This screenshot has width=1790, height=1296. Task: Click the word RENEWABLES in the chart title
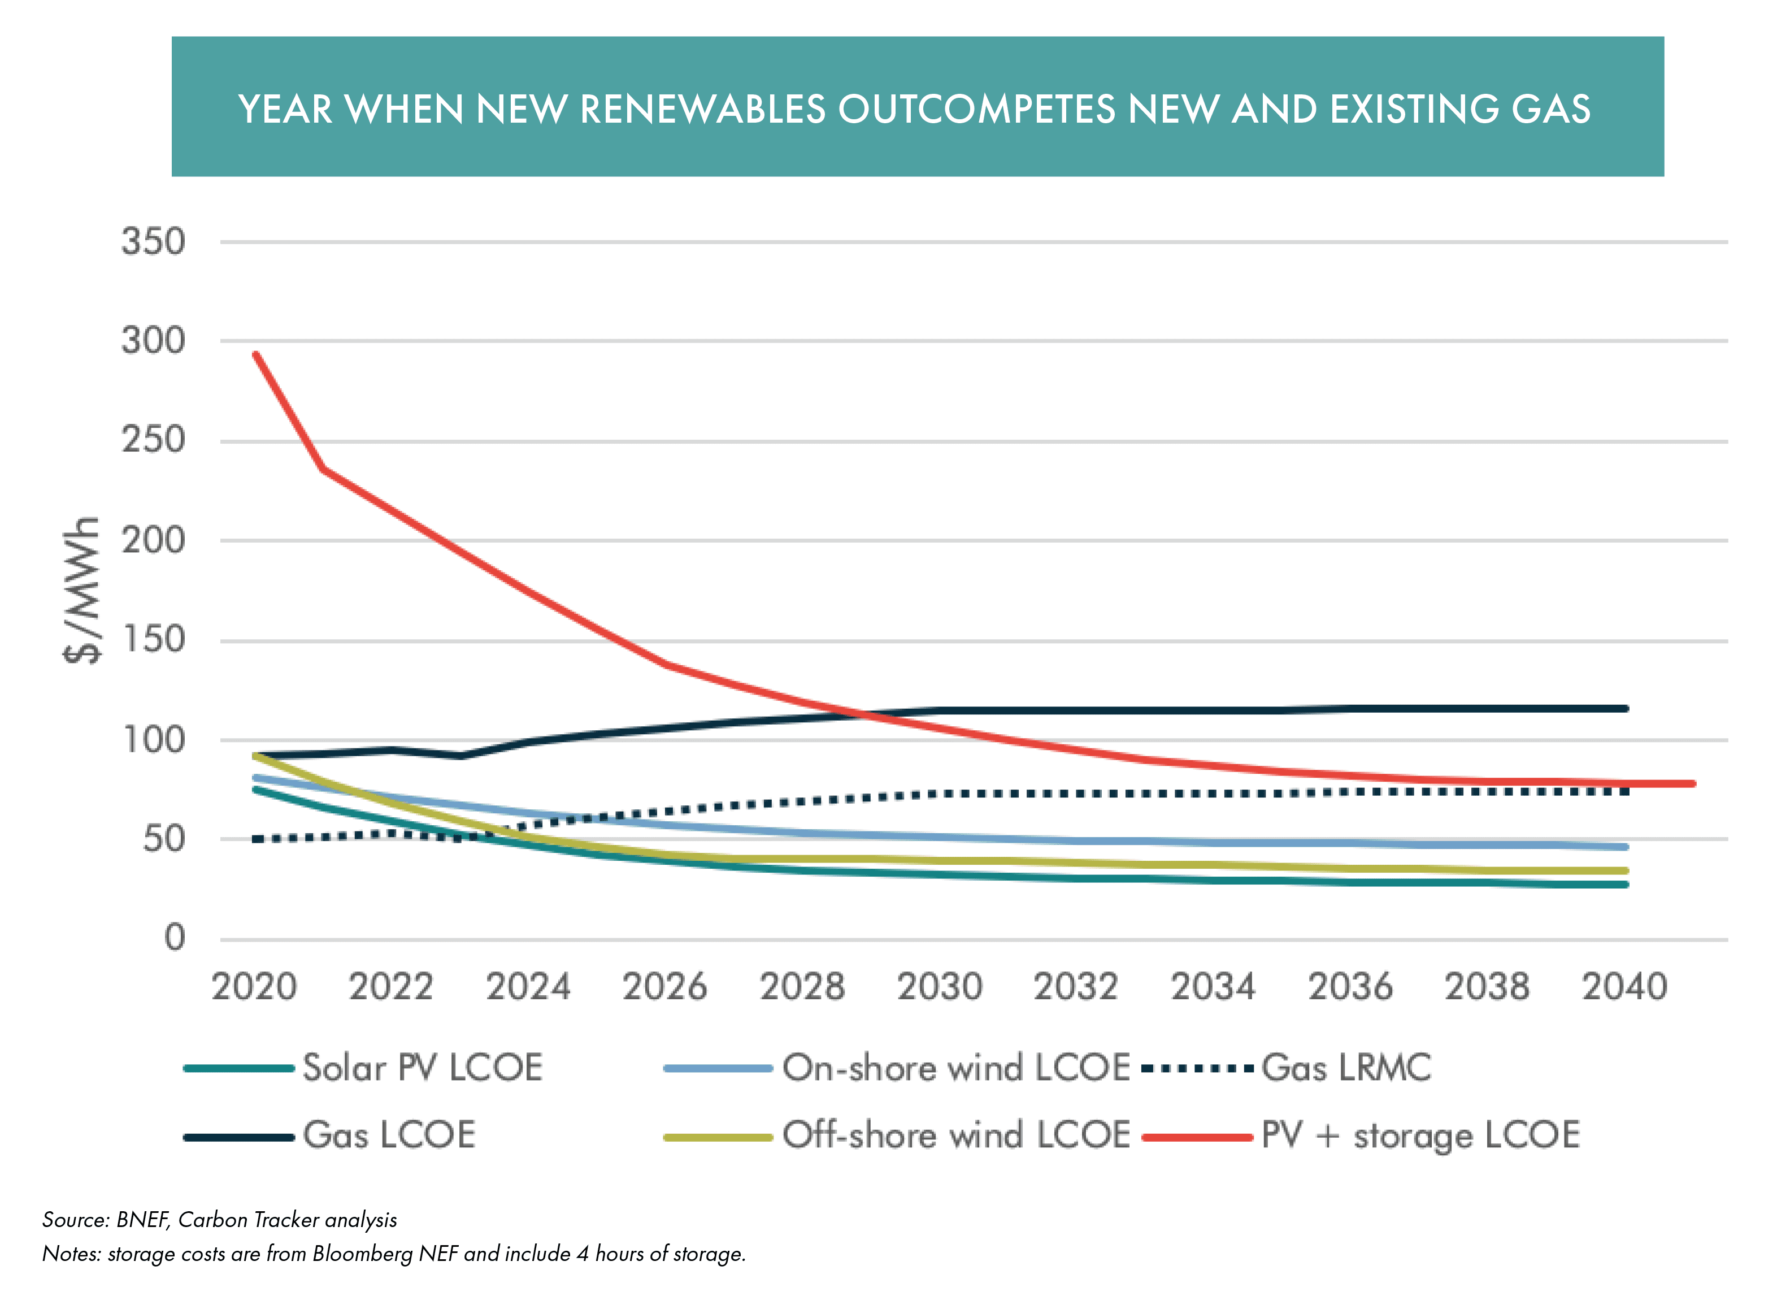[x=702, y=109]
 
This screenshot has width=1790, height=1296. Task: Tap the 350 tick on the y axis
[x=154, y=241]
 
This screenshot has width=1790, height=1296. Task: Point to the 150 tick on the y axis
[x=154, y=639]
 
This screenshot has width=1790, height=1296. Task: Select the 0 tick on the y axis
[x=175, y=938]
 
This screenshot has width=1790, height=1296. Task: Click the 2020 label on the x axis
[x=254, y=987]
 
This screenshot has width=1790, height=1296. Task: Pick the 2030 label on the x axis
[x=939, y=987]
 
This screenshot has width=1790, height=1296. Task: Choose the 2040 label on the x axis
[x=1624, y=987]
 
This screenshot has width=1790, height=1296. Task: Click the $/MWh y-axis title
[x=82, y=591]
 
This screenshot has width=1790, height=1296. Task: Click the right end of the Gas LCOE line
[x=1625, y=709]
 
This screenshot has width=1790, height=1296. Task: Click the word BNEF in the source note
[x=142, y=1220]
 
